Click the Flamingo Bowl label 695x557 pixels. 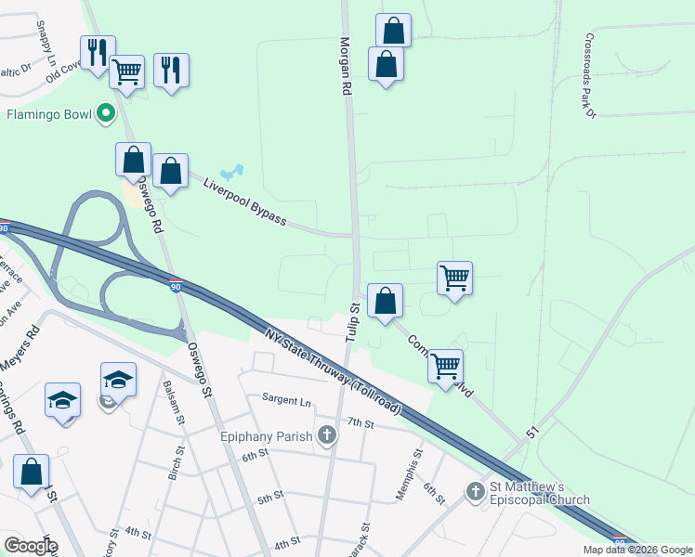click(49, 115)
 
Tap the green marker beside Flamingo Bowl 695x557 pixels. click(106, 115)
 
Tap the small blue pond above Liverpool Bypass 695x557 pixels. click(233, 172)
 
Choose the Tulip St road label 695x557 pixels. click(353, 322)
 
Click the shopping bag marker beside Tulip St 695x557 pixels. click(385, 301)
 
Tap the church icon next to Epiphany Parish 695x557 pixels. click(326, 434)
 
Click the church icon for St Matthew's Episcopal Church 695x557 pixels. click(476, 490)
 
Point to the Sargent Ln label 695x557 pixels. click(286, 401)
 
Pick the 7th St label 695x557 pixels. click(360, 423)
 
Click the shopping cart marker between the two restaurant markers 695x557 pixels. click(127, 71)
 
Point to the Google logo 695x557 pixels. click(30, 546)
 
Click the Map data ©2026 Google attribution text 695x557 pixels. click(638, 550)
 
